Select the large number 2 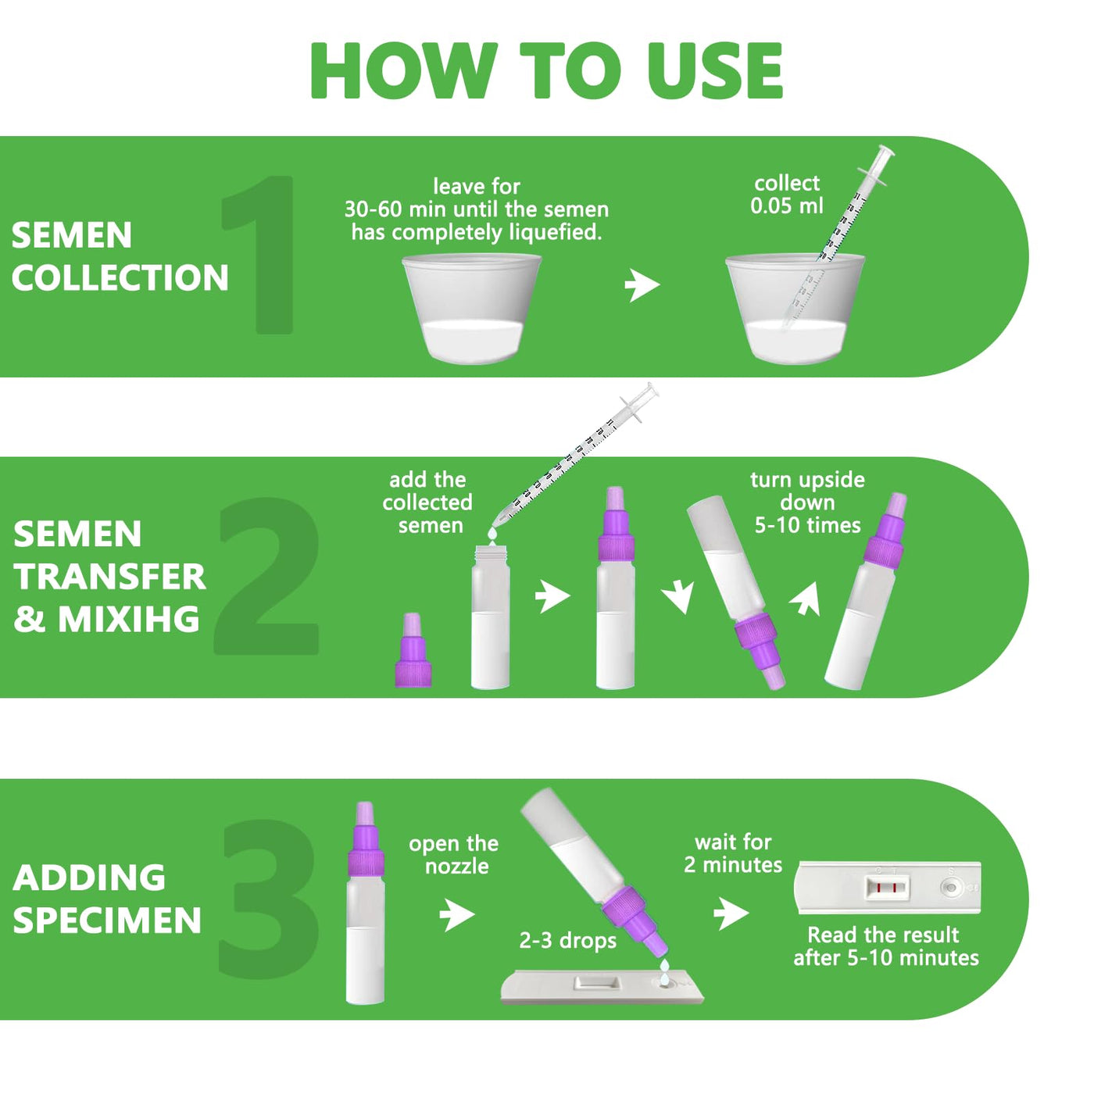click(266, 575)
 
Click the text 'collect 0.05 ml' click(786, 195)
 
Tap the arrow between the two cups click(642, 284)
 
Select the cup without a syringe click(471, 308)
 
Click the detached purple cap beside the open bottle click(413, 650)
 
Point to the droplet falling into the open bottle click(492, 534)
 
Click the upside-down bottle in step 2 click(736, 593)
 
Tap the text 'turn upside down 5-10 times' click(807, 502)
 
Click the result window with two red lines click(886, 888)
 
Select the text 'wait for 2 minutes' click(733, 853)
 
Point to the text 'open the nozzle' click(453, 855)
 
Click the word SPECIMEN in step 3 click(107, 921)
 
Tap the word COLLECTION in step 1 click(120, 277)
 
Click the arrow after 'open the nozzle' click(457, 914)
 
